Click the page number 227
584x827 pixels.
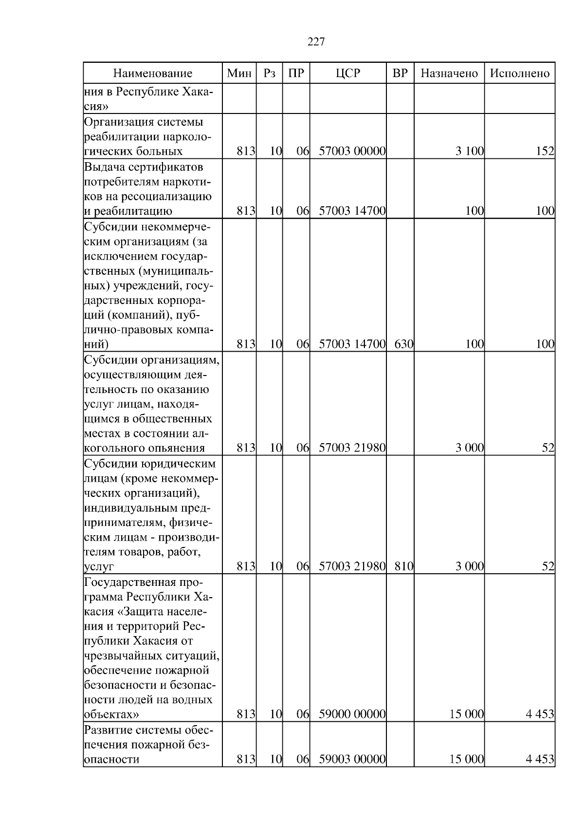pos(316,42)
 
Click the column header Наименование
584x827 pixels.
pos(153,74)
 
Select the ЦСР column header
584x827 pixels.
pos(348,74)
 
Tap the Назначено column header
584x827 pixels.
pos(449,74)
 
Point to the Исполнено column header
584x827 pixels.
pos(520,74)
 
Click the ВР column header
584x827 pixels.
pos(400,74)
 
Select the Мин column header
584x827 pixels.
pos(239,74)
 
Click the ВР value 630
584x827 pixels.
pos(403,344)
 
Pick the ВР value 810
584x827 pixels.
pos(403,566)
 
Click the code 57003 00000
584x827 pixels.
pos(352,151)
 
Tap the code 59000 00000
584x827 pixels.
pos(352,714)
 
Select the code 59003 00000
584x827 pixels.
pos(352,759)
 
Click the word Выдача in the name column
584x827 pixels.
pos(103,167)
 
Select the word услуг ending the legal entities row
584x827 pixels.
pos(99,567)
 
